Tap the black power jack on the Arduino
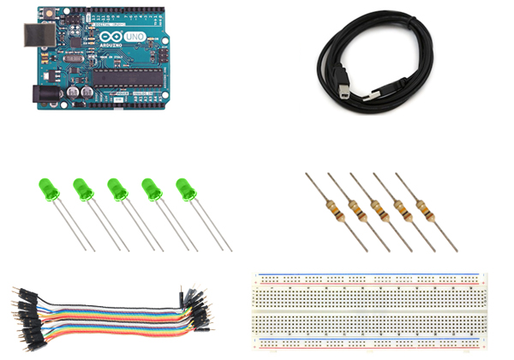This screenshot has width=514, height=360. tap(40, 92)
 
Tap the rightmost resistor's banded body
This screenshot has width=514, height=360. tap(420, 207)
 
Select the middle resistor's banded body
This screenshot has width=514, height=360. tap(376, 207)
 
